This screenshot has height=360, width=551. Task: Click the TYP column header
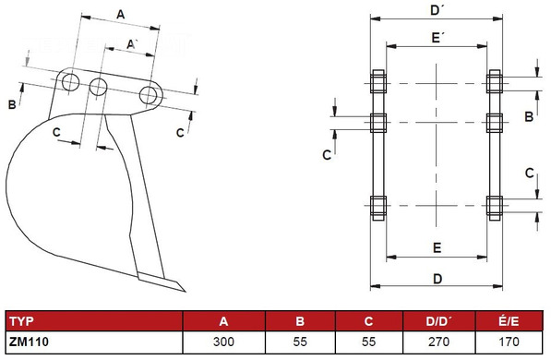pyautogui.click(x=22, y=321)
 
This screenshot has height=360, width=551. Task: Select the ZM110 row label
pyautogui.click(x=29, y=342)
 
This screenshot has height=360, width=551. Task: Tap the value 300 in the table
pyautogui.click(x=223, y=342)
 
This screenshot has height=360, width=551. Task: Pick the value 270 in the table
pyautogui.click(x=439, y=342)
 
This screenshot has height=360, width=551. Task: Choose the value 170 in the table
pyautogui.click(x=509, y=342)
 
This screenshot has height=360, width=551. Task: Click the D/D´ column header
pyautogui.click(x=439, y=321)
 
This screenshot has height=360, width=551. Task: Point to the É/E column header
pyautogui.click(x=509, y=320)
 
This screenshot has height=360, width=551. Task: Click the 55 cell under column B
pyautogui.click(x=300, y=342)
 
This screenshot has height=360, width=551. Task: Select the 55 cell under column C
pyautogui.click(x=368, y=342)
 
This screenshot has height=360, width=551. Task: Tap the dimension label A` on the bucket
pyautogui.click(x=131, y=44)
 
